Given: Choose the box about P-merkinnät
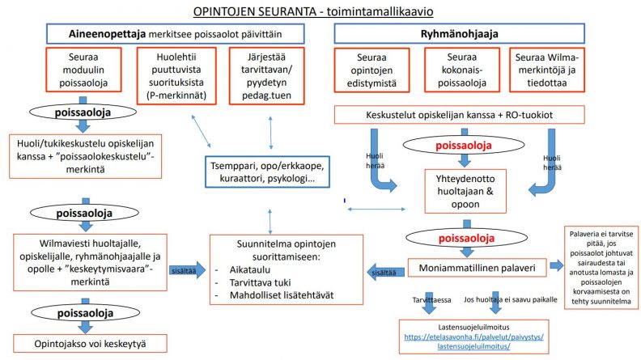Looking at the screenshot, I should pyautogui.click(x=175, y=76).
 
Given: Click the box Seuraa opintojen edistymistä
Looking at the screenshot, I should pyautogui.click(x=373, y=76).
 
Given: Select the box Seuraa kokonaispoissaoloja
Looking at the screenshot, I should pyautogui.click(x=462, y=76).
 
